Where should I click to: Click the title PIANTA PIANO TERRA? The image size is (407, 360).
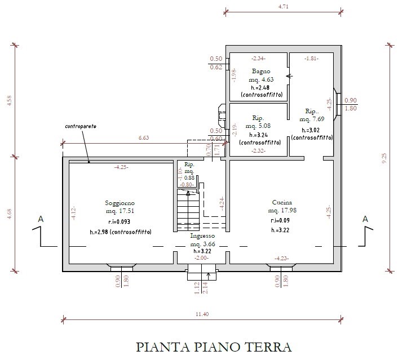pos(214,346)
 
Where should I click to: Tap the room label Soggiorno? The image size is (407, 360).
pos(120,203)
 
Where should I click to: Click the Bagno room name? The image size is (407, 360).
pos(261,72)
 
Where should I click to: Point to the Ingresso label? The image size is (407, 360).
pos(202,235)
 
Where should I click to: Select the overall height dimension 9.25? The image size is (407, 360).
pos(385,159)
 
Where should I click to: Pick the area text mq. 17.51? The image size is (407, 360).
pos(120,211)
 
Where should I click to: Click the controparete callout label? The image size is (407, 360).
pos(80,126)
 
